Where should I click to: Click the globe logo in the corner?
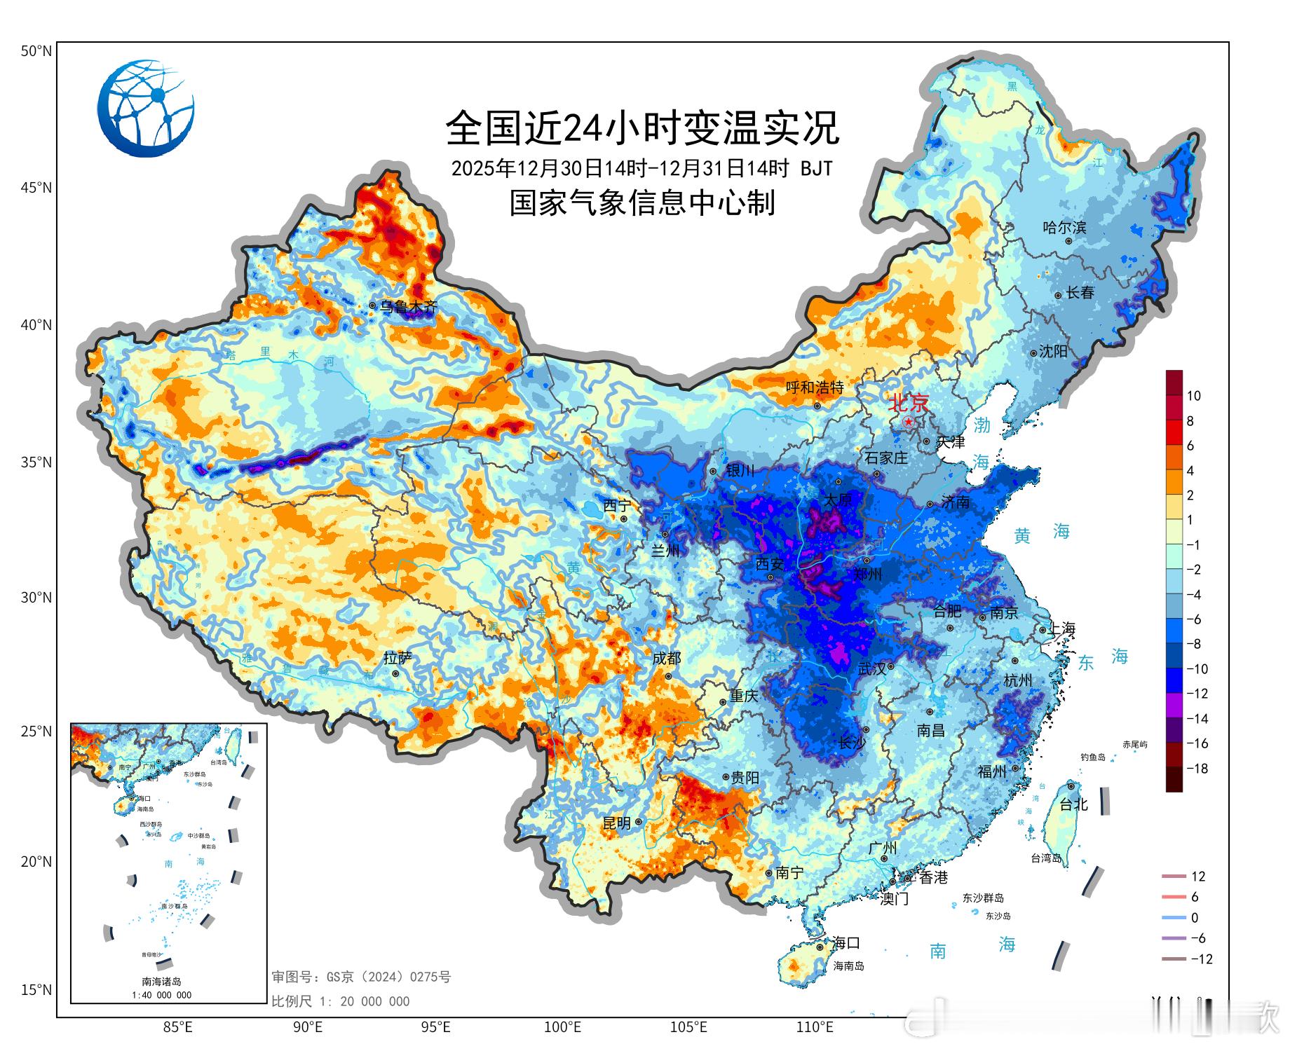click(146, 108)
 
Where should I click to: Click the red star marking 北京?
click(908, 422)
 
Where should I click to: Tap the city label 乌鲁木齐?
click(408, 306)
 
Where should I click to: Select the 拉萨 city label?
click(398, 658)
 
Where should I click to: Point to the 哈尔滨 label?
click(1064, 227)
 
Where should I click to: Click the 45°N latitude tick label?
click(36, 188)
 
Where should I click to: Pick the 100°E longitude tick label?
click(562, 1027)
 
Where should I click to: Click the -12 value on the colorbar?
click(1197, 694)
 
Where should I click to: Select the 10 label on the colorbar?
click(1193, 396)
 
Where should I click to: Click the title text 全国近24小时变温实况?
click(642, 128)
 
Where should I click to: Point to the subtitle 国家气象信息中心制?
click(642, 203)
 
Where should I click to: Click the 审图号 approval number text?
click(361, 977)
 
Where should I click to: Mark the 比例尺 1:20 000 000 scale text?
click(341, 1001)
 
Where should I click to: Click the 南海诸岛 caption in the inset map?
click(161, 982)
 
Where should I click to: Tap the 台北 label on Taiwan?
click(1073, 804)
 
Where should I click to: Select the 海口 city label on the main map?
click(846, 942)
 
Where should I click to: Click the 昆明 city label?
click(617, 823)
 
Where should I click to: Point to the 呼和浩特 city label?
click(814, 387)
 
